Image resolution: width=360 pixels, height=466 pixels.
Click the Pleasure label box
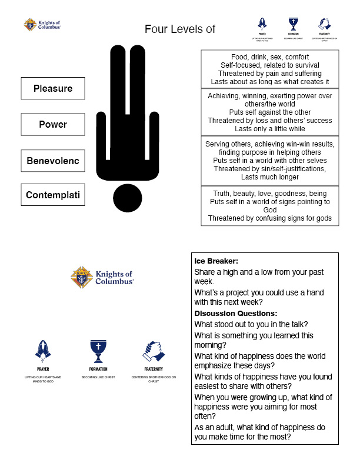coord(53,88)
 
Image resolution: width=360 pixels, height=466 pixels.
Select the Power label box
coord(53,124)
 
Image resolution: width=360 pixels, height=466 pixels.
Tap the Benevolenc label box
coord(53,160)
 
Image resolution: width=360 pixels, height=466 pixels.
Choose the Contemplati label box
coord(53,195)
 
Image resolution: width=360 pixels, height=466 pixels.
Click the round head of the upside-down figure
coord(128,198)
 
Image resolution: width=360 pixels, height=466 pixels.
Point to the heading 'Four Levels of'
coord(180,29)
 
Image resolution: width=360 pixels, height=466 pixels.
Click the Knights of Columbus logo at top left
coord(42,25)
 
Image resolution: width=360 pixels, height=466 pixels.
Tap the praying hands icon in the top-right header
coord(262,24)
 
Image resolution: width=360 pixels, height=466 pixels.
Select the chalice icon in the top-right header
coord(293,24)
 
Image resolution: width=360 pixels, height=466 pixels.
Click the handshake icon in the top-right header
coord(324,24)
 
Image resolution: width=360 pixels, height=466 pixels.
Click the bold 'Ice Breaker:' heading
coord(216,261)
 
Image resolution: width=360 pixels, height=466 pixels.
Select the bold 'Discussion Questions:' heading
coord(236,313)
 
